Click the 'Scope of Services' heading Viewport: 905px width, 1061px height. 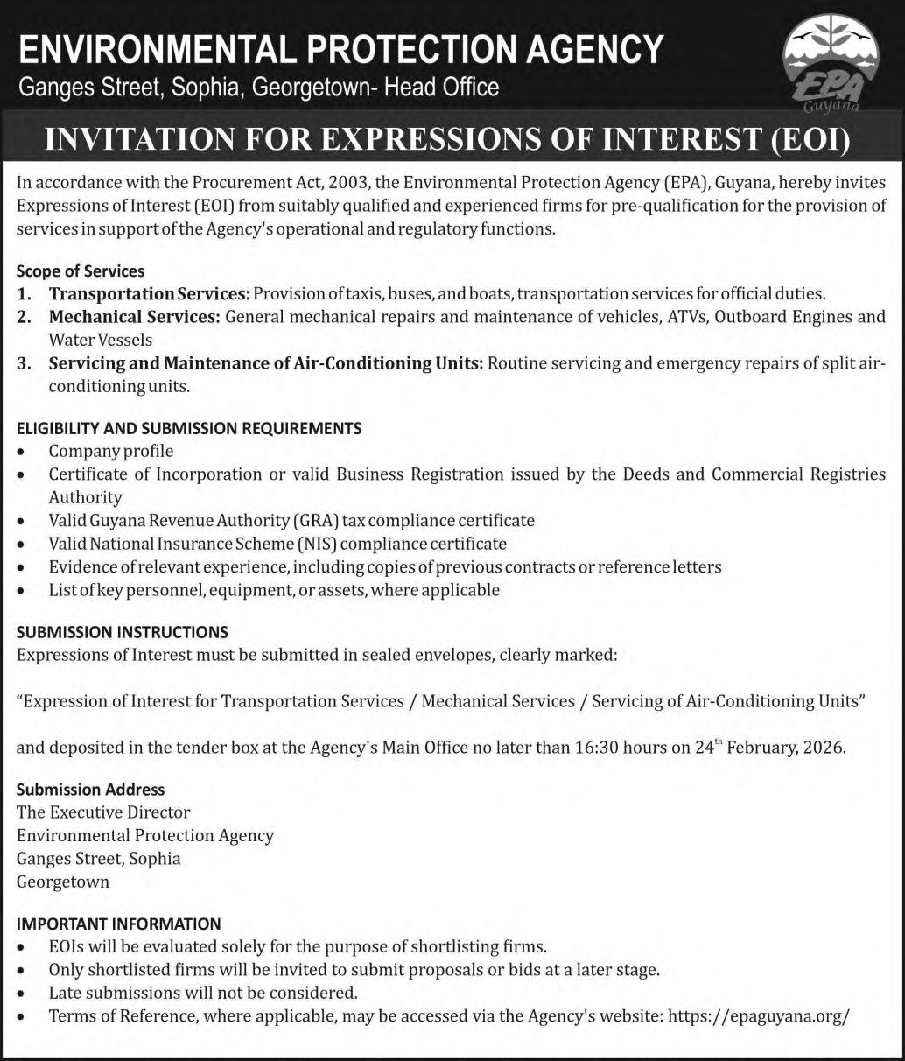click(81, 271)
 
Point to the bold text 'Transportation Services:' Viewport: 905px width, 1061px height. click(150, 293)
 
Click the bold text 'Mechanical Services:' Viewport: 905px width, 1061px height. click(134, 316)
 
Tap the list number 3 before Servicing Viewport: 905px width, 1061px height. click(24, 362)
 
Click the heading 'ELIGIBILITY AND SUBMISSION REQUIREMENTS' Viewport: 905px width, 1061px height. click(189, 428)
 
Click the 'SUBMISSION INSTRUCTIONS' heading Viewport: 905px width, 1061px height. click(123, 631)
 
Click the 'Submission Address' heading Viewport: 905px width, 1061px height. click(90, 789)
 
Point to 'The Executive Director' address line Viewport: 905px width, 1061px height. click(103, 812)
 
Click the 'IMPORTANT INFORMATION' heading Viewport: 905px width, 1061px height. click(119, 924)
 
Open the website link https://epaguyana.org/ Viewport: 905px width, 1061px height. click(758, 1016)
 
